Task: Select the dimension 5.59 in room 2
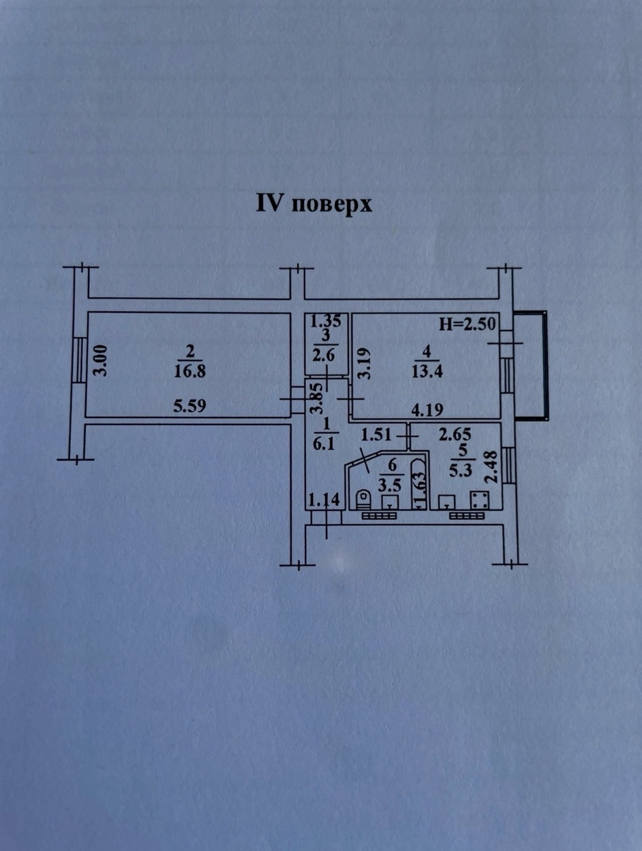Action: tap(189, 406)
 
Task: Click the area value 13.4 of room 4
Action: tap(427, 371)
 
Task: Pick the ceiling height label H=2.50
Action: tap(467, 324)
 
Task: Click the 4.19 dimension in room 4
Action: tap(427, 410)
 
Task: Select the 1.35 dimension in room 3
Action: tap(326, 321)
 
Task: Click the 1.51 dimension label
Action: tap(377, 435)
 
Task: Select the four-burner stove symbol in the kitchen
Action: tap(480, 499)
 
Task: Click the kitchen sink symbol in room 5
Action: tap(447, 502)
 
